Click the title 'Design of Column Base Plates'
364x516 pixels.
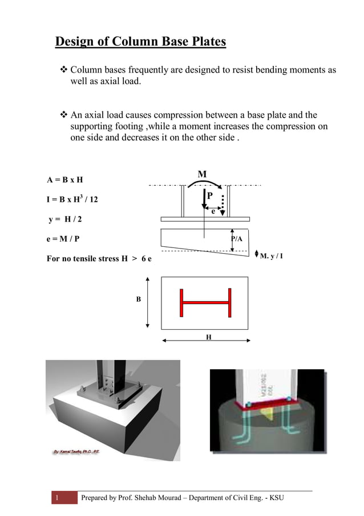[140, 42]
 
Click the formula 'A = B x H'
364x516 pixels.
[65, 180]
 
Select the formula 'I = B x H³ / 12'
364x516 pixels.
[72, 199]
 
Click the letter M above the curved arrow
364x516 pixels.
[202, 174]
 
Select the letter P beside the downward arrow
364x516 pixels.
[210, 195]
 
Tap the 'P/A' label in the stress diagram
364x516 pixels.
[237, 238]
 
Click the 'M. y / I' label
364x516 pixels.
[272, 255]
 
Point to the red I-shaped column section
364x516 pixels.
[205, 302]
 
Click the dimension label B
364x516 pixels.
[138, 299]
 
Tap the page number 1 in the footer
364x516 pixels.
[57, 498]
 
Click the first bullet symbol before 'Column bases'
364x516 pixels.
[64, 70]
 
